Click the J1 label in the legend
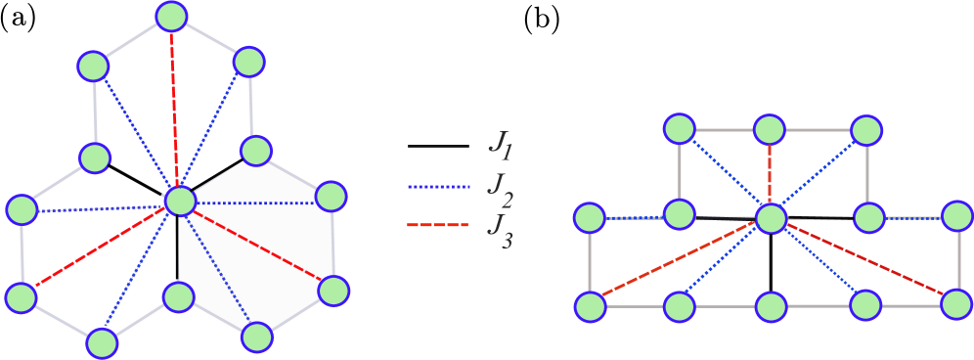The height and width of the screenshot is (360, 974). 500,148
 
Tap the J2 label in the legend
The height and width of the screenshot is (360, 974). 500,188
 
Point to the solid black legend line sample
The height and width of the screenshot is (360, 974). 438,147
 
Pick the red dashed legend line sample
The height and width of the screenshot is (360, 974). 438,226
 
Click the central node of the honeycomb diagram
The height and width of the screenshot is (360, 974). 181,202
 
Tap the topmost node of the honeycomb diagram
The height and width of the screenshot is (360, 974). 171,16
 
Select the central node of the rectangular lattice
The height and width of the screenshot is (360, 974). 772,218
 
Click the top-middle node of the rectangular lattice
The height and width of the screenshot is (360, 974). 770,129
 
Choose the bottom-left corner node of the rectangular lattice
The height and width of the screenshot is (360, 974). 590,306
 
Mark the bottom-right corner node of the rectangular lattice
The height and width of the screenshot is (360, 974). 956,304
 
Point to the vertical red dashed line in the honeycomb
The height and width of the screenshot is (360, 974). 175,108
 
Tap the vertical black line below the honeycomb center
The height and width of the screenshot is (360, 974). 178,249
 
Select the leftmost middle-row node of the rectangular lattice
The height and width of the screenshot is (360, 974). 590,217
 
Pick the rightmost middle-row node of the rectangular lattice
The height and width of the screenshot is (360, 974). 957,216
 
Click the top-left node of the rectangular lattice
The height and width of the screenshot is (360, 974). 679,128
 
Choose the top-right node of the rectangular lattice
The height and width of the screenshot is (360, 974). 866,130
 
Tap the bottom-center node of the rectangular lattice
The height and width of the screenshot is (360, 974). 771,306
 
